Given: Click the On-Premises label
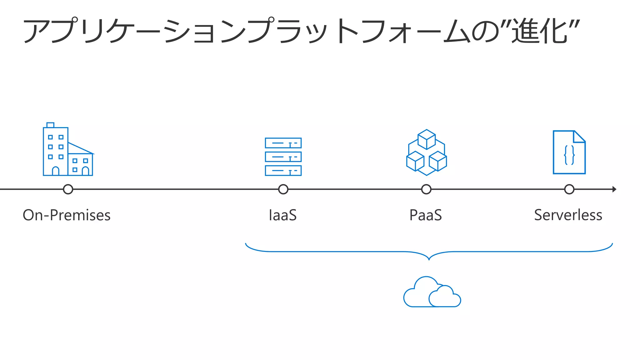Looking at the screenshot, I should point(67,215).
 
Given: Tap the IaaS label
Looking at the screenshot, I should point(283,215).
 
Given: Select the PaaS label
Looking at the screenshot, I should point(426,215).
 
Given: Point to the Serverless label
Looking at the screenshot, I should point(568,215).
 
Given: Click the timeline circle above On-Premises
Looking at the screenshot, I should point(68,189).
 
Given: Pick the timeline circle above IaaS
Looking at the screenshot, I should point(283,189).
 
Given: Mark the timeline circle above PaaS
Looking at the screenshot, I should point(426,189).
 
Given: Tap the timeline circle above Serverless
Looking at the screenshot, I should point(569,189).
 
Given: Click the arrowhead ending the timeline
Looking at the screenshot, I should point(614,189).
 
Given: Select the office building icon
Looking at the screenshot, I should point(68,150).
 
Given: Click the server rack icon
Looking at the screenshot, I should point(283,157).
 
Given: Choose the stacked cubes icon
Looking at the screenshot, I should point(427,152).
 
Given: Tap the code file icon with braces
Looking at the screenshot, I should point(569,152).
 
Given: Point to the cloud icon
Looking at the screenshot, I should point(432,292).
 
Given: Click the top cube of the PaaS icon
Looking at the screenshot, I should point(427,139).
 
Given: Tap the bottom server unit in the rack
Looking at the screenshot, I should point(283,171).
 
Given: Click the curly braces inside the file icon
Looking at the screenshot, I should point(569,155).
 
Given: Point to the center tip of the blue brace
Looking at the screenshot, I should point(429,259).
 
